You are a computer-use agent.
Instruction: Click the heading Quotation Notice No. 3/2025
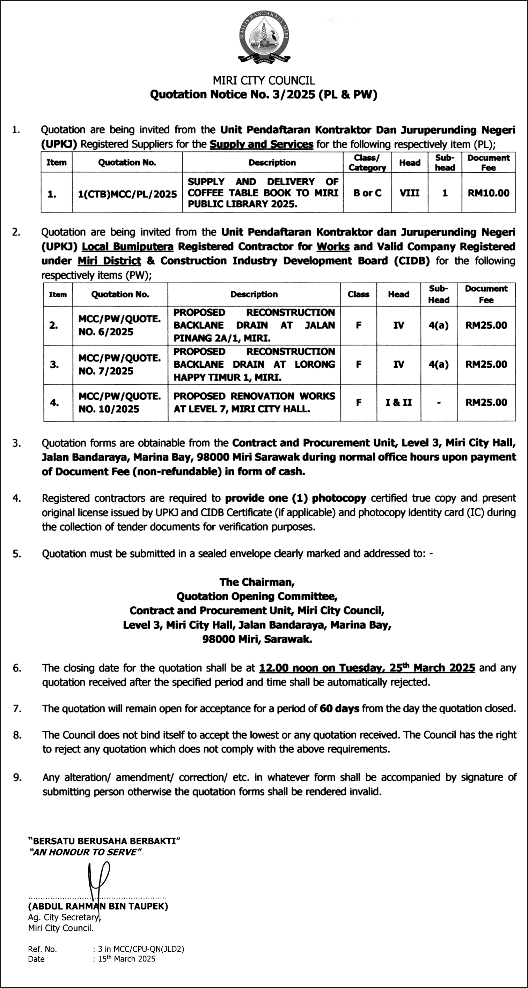[263, 94]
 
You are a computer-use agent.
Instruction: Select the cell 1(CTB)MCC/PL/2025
[127, 194]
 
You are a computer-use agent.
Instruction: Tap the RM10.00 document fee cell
[488, 193]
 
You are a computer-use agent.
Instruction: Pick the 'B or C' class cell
[367, 193]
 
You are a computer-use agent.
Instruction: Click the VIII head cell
[409, 193]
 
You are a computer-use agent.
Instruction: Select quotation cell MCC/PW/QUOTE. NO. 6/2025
[119, 325]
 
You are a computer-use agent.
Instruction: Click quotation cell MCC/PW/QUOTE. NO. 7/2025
[119, 364]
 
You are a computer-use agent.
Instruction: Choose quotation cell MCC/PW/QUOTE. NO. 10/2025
[119, 402]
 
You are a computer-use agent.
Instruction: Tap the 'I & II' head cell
[398, 402]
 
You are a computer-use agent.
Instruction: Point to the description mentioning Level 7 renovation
[254, 402]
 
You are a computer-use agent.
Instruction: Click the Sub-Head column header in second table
[438, 294]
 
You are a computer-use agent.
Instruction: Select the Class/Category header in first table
[367, 163]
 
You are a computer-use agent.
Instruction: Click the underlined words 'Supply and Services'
[262, 144]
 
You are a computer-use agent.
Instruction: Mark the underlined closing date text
[367, 668]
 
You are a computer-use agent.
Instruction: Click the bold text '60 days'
[339, 709]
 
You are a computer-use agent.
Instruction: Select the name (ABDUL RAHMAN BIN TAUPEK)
[98, 906]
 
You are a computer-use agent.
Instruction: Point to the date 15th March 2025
[127, 959]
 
